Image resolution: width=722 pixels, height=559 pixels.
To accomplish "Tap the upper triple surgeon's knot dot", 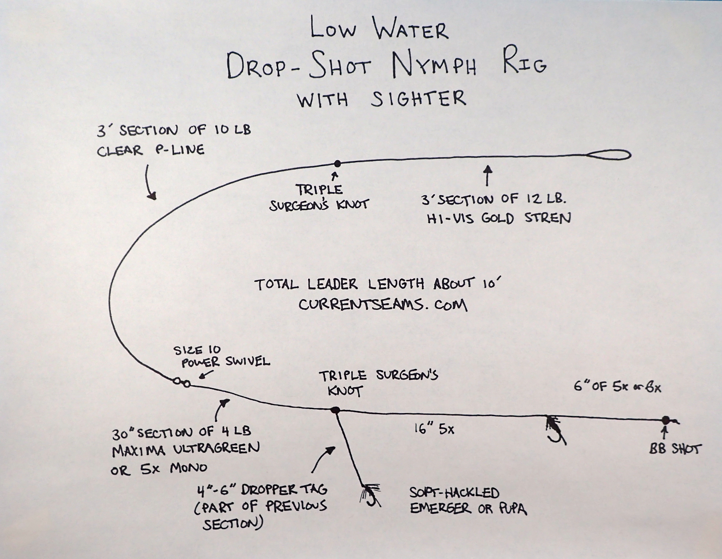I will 337,163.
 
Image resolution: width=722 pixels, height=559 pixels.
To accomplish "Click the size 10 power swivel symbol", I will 182,382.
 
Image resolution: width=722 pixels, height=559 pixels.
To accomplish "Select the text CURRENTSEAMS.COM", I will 383,305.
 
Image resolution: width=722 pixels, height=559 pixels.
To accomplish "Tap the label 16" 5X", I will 434,429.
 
